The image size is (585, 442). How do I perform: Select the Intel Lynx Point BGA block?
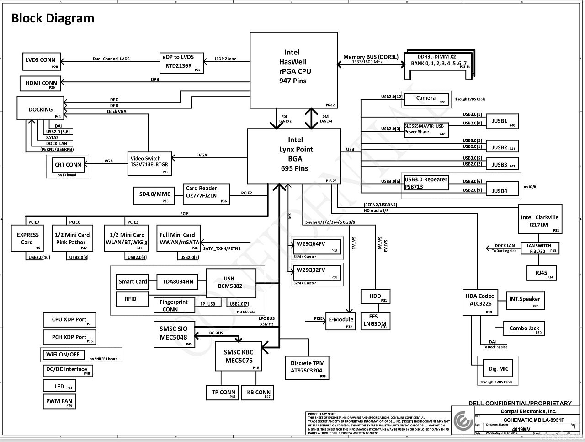(x=294, y=156)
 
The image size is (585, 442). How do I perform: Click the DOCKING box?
(x=41, y=109)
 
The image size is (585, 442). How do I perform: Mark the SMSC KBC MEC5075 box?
(x=239, y=356)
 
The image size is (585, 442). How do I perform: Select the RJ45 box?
(x=542, y=273)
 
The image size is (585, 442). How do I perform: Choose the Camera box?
(x=426, y=99)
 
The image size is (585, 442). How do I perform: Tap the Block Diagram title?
(x=53, y=18)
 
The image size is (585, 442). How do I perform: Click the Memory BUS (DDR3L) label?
(x=371, y=57)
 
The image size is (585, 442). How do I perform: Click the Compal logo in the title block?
(x=463, y=420)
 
